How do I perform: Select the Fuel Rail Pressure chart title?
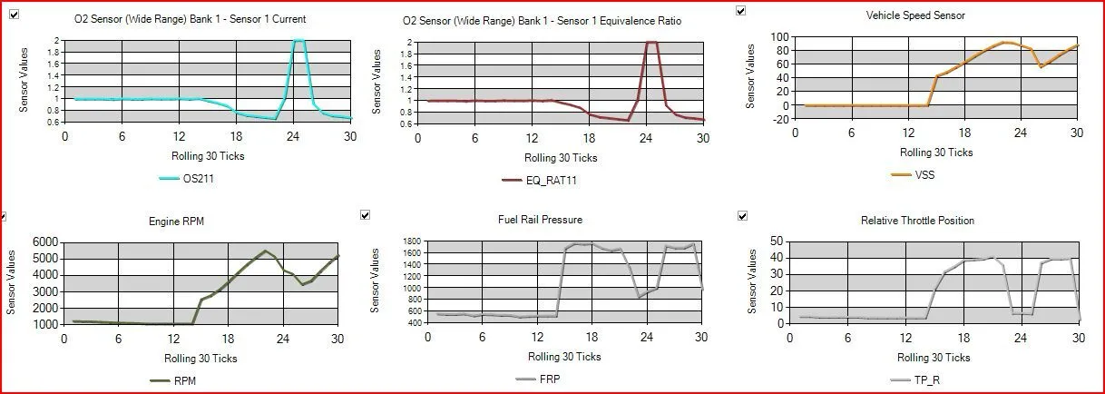pos(540,220)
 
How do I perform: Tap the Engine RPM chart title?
pos(176,221)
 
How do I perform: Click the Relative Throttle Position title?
pos(917,221)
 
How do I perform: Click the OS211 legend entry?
pos(197,179)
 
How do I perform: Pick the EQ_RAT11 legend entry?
pos(552,180)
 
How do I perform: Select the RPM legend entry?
pos(183,380)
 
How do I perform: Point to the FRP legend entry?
pos(549,379)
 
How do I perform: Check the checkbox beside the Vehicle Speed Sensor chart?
pos(741,11)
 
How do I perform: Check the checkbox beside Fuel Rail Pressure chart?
pos(365,215)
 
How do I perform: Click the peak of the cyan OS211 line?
pos(298,41)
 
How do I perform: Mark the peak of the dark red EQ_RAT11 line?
pos(650,43)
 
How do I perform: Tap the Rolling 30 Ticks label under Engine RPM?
pos(200,359)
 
